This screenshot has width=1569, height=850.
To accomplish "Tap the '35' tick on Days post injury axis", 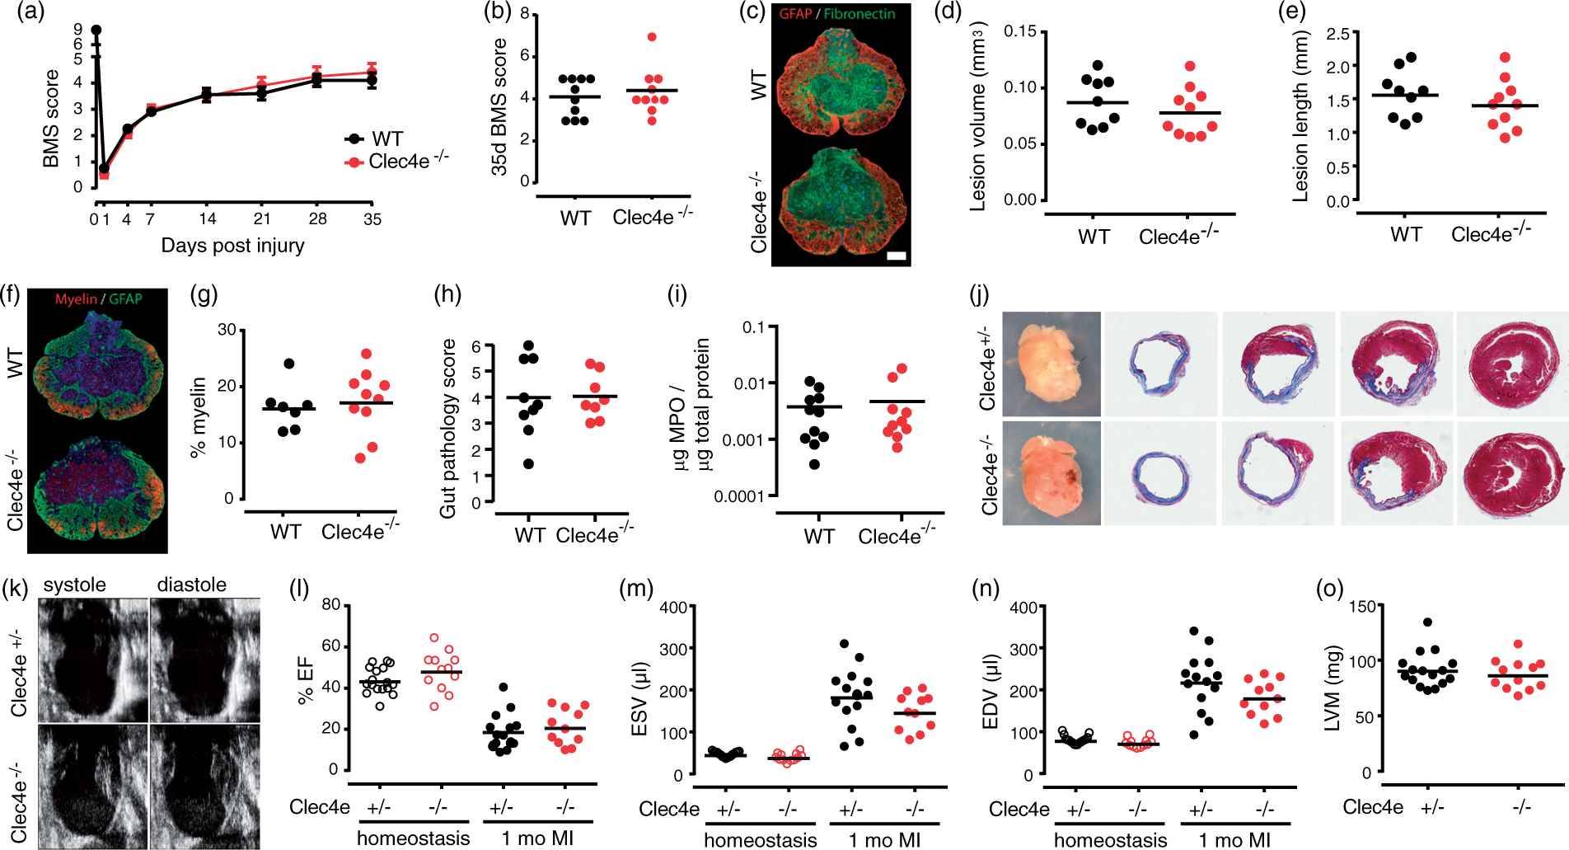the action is coord(372,218).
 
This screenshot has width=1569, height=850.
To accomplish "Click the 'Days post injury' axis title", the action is coord(232,245).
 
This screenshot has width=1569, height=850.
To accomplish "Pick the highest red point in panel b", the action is coord(652,37).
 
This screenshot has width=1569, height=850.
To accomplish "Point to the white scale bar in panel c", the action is coord(896,256).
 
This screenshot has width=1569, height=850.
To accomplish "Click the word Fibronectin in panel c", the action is coord(859,13).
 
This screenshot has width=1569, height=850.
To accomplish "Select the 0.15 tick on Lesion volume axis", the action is coord(1020,31).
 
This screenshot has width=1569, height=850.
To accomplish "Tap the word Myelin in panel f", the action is coord(76,298).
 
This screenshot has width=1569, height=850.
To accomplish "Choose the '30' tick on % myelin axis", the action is coord(227,330).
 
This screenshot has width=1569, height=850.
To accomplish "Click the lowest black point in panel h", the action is coord(528,463).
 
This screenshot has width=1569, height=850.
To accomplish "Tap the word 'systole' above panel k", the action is coord(75,585).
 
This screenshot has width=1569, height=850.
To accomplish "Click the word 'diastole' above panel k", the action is coord(192,585).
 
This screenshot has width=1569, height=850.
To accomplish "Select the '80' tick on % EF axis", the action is coord(330,604).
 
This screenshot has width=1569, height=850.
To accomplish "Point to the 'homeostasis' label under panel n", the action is coord(1110,839).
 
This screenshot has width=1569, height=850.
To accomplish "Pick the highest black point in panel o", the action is coord(1427,622).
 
